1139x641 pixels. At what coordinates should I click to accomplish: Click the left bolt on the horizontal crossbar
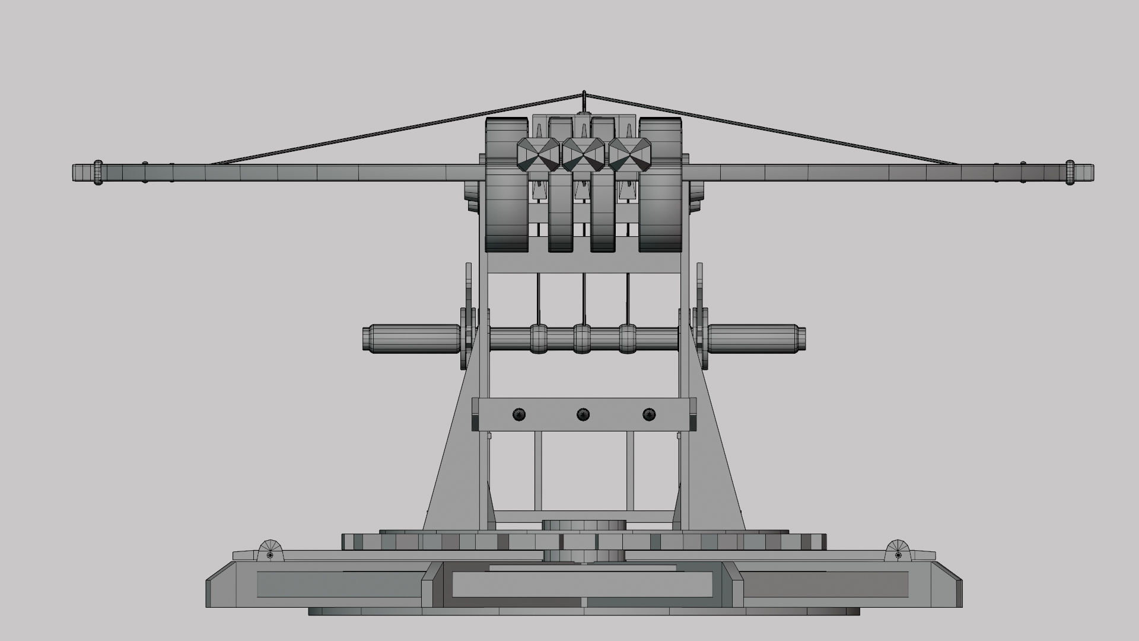click(519, 414)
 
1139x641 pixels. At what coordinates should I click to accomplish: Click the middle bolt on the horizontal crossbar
click(583, 414)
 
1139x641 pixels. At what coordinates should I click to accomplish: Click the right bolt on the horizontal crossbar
click(649, 414)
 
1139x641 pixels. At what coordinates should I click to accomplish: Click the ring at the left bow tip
click(98, 173)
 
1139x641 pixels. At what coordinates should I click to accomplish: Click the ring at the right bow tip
click(1070, 173)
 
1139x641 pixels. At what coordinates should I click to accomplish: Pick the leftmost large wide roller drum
click(507, 184)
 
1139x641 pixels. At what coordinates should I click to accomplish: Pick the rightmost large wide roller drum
click(660, 184)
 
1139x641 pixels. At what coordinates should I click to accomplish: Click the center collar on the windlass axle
click(583, 338)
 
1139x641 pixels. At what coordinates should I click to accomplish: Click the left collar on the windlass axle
click(539, 338)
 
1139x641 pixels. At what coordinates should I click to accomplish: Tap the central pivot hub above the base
click(584, 526)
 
